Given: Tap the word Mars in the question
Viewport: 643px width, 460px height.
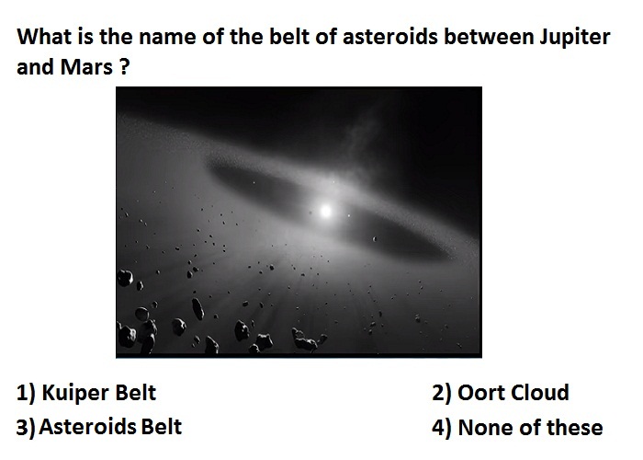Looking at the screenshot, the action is [x=86, y=67].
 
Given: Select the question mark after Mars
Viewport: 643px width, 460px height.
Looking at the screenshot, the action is [x=126, y=67].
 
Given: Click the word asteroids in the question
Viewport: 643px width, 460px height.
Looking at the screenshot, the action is [x=390, y=37].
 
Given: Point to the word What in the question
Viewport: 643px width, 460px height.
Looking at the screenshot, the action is [x=43, y=37].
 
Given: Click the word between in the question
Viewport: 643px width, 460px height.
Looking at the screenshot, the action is [x=489, y=37].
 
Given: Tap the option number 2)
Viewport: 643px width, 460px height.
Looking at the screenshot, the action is [x=442, y=394].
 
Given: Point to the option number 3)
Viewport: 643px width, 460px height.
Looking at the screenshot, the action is [x=26, y=428].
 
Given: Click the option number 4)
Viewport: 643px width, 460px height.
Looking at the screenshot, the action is [x=442, y=428].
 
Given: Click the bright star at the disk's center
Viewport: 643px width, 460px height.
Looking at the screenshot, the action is [x=325, y=211].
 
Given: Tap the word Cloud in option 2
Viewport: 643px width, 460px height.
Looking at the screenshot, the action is [x=540, y=393].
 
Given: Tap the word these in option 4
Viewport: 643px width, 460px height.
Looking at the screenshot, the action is [x=575, y=428].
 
